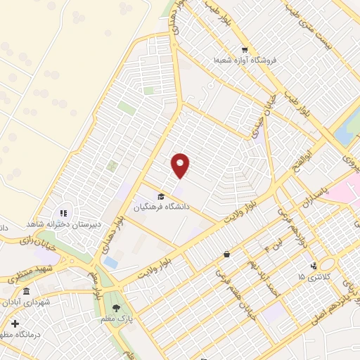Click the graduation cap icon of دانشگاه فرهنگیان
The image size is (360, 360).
click(161, 196)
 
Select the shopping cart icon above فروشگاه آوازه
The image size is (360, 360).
click(244, 50)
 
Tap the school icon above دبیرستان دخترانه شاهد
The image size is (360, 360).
click(63, 212)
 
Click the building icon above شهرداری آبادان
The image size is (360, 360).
click(27, 292)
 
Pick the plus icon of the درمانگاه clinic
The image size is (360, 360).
click(15, 324)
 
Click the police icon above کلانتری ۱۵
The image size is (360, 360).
click(314, 266)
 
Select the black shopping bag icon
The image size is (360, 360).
click(226, 254)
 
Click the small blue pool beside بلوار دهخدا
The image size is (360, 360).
click(110, 262)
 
